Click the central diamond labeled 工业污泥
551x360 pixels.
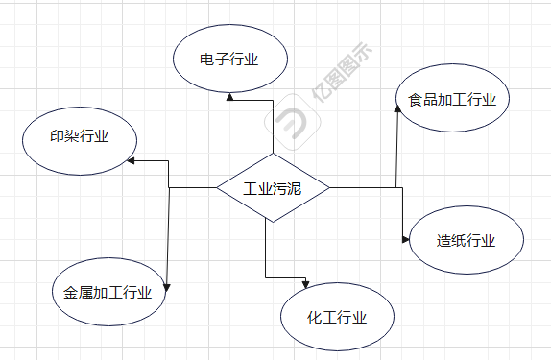[x=273, y=188]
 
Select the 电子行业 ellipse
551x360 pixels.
[x=230, y=60]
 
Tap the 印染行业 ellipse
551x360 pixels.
[x=66, y=137]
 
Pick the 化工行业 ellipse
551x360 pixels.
[x=338, y=317]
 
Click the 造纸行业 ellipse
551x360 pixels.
[x=467, y=240]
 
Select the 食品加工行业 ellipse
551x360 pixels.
[x=452, y=99]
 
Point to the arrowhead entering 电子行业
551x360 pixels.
[x=229, y=96]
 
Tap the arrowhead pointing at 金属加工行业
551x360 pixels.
[x=169, y=287]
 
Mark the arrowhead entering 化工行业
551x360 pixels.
[x=305, y=282]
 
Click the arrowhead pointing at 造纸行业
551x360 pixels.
[x=405, y=240]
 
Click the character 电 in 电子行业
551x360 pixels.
[x=206, y=60]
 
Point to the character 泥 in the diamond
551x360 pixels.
[x=294, y=188]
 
